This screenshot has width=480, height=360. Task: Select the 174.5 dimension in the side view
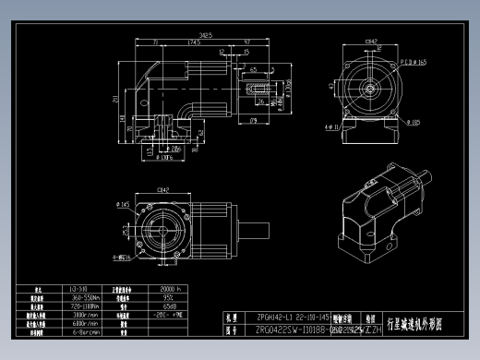click(195, 42)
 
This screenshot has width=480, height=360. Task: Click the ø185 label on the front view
click(413, 121)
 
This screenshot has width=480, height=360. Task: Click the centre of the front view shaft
click(371, 89)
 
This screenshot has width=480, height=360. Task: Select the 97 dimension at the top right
click(249, 42)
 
